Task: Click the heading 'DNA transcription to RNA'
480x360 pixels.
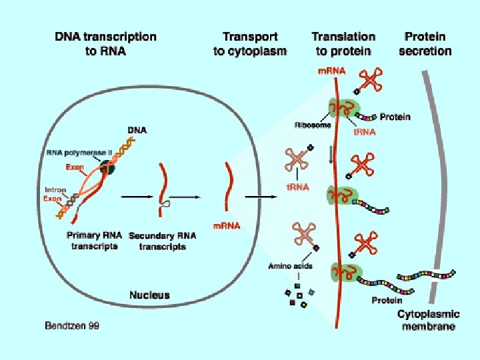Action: coord(106,43)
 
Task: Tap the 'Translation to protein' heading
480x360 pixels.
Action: coord(343,43)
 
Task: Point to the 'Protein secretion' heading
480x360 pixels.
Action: coord(425,43)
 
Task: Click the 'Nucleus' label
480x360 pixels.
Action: coord(150,295)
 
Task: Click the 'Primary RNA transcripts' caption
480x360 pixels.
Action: coord(93,241)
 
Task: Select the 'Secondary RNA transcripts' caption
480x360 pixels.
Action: coord(157,241)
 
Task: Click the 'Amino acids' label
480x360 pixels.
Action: coord(289,266)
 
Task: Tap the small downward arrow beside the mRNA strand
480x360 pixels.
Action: coord(331,155)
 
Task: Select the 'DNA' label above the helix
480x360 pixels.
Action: coord(137,129)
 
